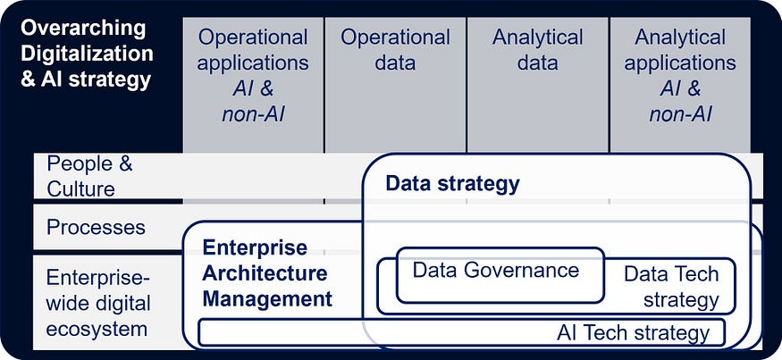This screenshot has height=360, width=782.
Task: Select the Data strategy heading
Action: click(x=452, y=184)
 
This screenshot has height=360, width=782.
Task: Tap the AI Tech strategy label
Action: click(x=633, y=333)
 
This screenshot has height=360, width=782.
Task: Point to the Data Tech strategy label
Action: click(x=671, y=286)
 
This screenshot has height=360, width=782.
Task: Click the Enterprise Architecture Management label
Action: click(x=266, y=273)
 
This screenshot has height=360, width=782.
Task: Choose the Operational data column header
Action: click(x=395, y=50)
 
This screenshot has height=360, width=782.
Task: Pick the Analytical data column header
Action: click(x=537, y=50)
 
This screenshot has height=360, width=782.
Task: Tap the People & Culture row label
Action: click(x=81, y=176)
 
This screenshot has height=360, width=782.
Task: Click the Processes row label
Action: click(x=96, y=227)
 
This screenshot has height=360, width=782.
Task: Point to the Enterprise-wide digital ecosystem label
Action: click(x=97, y=303)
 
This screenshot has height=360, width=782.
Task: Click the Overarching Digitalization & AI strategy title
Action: click(x=86, y=53)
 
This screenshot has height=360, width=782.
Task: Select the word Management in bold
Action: click(x=267, y=298)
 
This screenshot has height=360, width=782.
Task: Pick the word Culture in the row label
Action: click(x=81, y=188)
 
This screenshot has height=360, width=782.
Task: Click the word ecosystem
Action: click(x=97, y=329)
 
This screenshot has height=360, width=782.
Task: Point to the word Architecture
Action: click(x=265, y=273)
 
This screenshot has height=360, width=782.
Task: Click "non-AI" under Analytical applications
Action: click(x=680, y=114)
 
